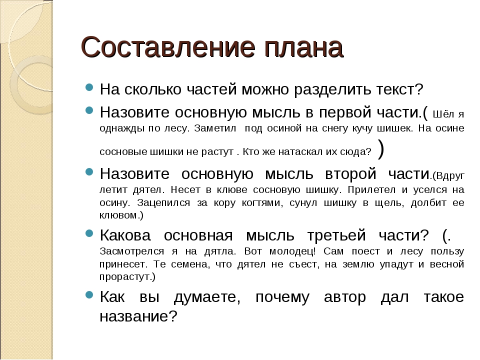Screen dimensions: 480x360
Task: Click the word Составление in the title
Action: pos(168,47)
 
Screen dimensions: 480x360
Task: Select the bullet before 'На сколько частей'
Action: pos(89,87)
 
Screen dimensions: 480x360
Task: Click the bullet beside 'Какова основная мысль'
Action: pos(89,233)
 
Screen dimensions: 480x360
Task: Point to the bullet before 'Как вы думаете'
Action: pos(89,295)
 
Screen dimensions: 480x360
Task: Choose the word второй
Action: pos(350,174)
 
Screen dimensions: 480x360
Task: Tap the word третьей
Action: pos(336,235)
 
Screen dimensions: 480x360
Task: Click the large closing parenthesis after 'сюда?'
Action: pos(381,149)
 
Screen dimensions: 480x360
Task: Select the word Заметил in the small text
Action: pos(215,128)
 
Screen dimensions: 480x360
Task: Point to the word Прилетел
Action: pos(371,190)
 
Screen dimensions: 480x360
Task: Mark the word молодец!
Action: pos(292,251)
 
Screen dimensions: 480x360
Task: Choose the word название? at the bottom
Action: pos(138,316)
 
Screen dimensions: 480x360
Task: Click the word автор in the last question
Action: pos(344,297)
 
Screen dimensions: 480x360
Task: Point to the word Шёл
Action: pos(443,114)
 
